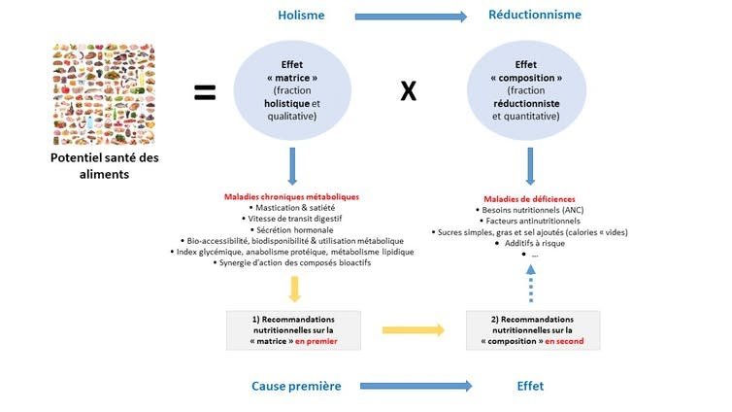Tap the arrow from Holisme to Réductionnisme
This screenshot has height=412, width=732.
coord(411,16)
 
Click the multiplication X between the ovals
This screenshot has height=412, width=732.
coord(409,91)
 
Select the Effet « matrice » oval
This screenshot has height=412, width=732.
coord(293,90)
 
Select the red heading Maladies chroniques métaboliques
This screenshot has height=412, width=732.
coord(292,196)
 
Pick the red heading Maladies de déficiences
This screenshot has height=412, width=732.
coord(529,196)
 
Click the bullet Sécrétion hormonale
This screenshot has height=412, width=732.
coord(292,229)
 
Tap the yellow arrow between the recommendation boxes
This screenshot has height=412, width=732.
coord(413,330)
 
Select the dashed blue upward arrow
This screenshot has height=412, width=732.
coord(530,284)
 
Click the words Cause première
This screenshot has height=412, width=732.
coord(295,386)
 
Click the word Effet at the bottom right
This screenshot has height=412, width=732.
coord(530,386)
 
